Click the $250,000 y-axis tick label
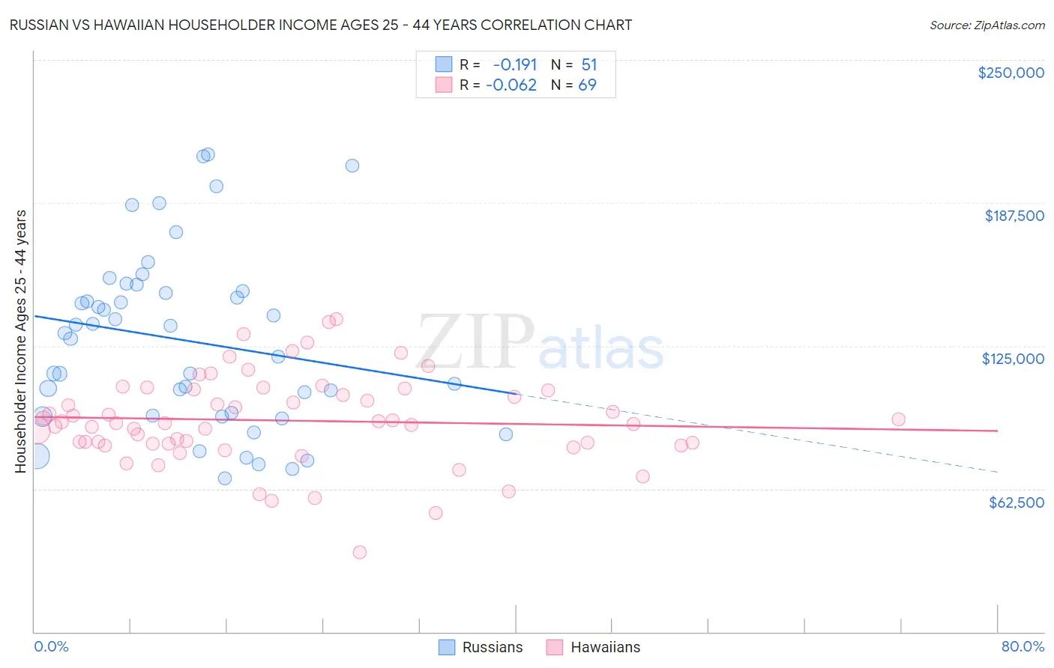tap(1011, 73)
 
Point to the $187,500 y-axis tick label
tap(1014, 216)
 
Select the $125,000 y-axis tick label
tap(1013, 359)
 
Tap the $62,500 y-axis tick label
tap(1016, 502)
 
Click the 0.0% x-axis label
tap(51, 646)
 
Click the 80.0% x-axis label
tap(1023, 646)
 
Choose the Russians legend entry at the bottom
tap(481, 647)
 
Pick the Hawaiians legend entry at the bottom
tap(593, 647)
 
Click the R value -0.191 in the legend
tap(514, 65)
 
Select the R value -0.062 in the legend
tap(511, 85)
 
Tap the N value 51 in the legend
tap(589, 65)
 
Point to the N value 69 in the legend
tap(587, 85)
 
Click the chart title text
tap(320, 25)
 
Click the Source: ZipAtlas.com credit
tap(987, 25)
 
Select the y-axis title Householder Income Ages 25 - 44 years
tap(20, 341)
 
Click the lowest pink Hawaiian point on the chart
tap(360, 552)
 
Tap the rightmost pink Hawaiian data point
tap(898, 419)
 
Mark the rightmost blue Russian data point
tap(506, 434)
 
